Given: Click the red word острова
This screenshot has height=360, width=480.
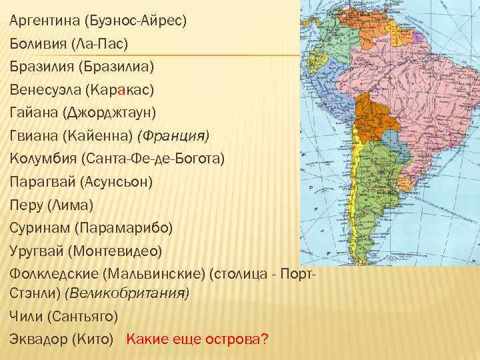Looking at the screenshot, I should (233, 339).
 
